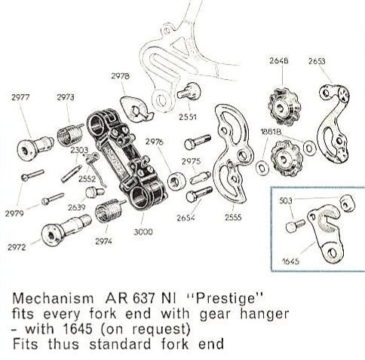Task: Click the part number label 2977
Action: tap(20, 97)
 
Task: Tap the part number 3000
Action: tap(143, 231)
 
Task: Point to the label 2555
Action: tap(233, 217)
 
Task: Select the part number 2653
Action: tap(317, 61)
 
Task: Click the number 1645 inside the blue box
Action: tap(290, 261)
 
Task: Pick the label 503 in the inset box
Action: tap(286, 200)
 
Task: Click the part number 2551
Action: tap(188, 117)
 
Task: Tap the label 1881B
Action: tap(271, 132)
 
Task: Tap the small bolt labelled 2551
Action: tap(189, 92)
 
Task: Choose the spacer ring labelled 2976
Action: tap(176, 181)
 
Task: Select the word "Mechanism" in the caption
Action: tap(53, 298)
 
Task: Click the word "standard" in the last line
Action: tap(120, 343)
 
